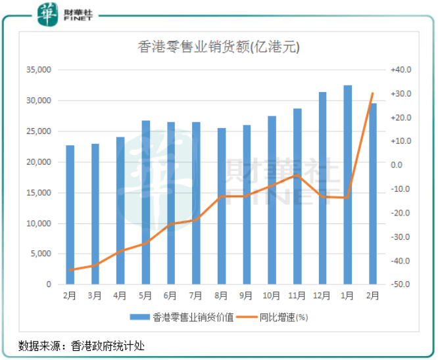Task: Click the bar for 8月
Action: point(222,206)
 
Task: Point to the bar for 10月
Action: point(272,200)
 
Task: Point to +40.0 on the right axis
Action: point(400,70)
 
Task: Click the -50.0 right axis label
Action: point(400,285)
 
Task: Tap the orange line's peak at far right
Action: point(373,93)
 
